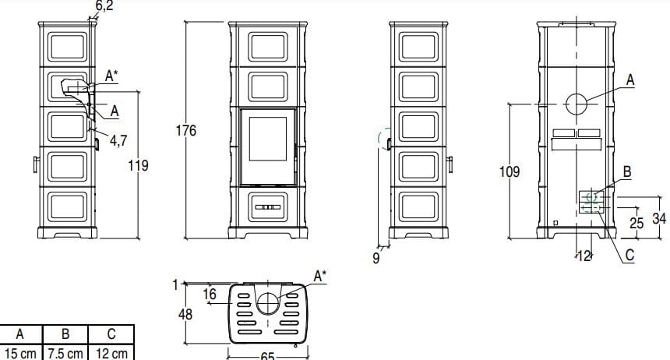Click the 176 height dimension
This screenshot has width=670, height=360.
(x=185, y=130)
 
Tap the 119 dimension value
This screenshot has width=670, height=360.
(x=139, y=165)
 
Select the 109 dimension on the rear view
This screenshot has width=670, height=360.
(x=510, y=171)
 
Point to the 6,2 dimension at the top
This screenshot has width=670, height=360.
(x=104, y=6)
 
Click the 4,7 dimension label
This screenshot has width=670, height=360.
(x=118, y=140)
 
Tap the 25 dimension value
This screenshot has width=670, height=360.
(x=636, y=222)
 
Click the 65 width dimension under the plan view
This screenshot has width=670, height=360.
(x=267, y=355)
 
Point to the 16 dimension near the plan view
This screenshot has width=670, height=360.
(x=209, y=294)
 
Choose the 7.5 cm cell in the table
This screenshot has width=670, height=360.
(x=65, y=353)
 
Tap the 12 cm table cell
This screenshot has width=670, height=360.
(x=111, y=353)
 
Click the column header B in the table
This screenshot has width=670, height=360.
(x=65, y=335)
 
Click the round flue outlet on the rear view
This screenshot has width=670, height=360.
(x=577, y=104)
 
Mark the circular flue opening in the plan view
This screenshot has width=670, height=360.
(x=267, y=302)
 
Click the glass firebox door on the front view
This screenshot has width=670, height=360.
(x=267, y=146)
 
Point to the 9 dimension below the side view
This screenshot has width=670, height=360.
(x=376, y=258)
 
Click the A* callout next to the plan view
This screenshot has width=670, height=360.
(x=320, y=275)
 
